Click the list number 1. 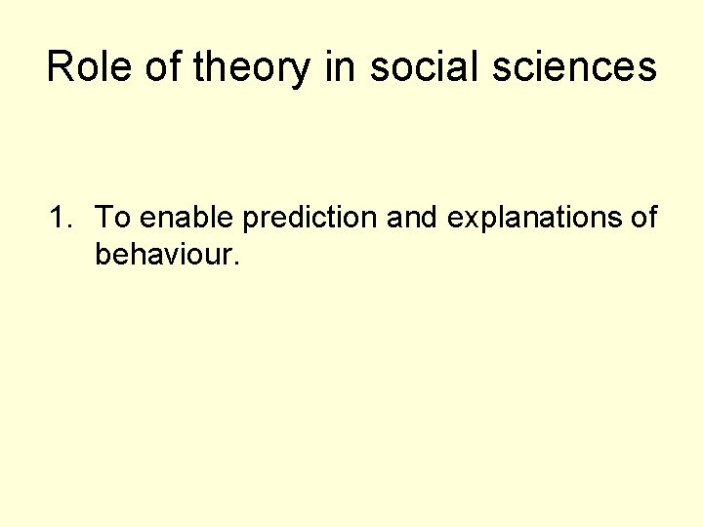pos(58,218)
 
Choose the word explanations pos(536,219)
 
